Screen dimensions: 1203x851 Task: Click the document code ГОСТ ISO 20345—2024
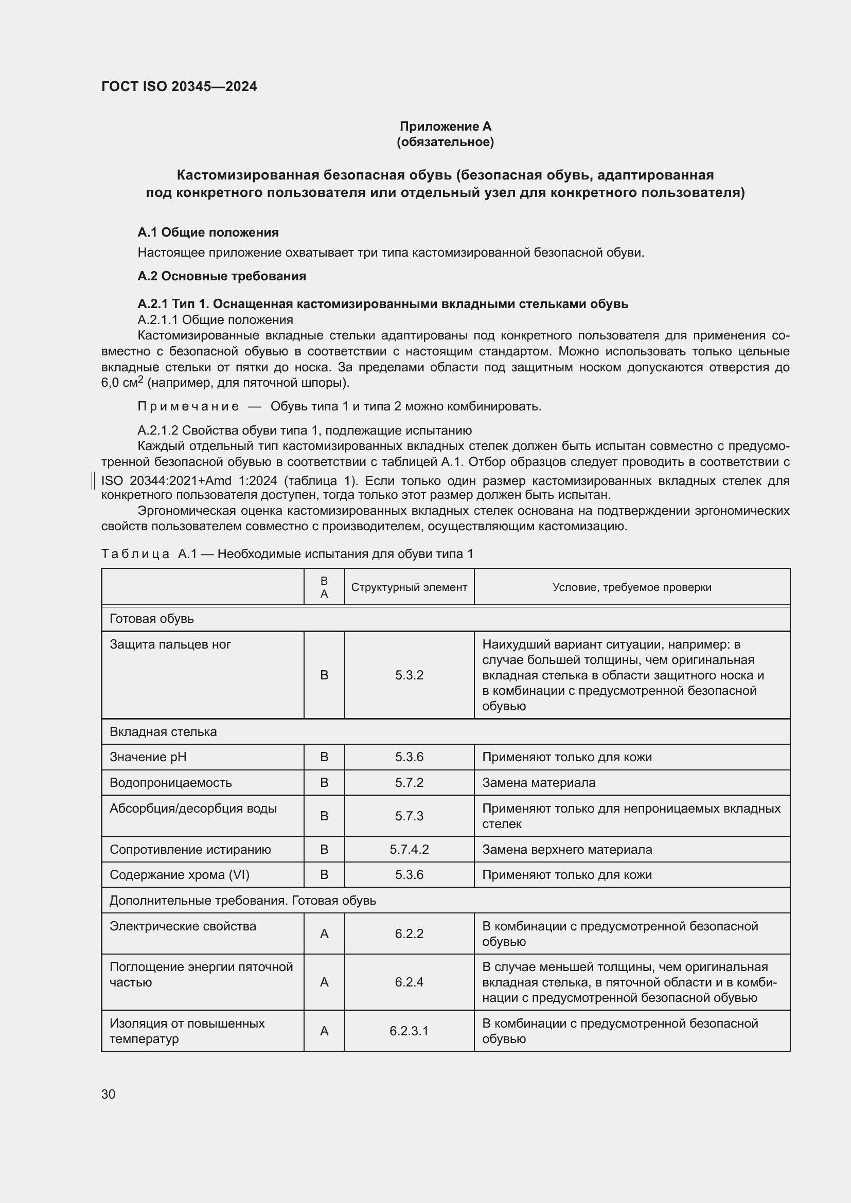(179, 86)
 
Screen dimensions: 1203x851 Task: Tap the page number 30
(109, 1094)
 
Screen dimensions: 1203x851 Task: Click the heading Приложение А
(446, 127)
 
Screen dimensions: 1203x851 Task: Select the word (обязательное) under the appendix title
(446, 142)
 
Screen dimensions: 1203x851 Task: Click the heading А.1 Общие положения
(208, 232)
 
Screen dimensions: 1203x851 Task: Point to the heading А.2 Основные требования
(222, 276)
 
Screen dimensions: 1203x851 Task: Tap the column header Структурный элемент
(409, 587)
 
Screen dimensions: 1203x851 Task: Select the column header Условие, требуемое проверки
(631, 587)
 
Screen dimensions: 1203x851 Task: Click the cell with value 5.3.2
(409, 675)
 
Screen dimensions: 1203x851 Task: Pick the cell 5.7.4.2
(409, 849)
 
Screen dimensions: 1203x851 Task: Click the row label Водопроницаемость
(170, 782)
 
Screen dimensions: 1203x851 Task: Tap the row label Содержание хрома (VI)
(179, 874)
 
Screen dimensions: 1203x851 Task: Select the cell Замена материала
(538, 782)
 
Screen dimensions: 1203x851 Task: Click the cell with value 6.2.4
(409, 982)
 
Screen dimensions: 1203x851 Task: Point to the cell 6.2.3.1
(409, 1031)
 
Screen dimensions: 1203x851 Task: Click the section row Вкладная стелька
(163, 731)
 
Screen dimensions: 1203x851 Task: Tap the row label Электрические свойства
(182, 926)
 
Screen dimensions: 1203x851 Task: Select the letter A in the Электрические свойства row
(324, 933)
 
